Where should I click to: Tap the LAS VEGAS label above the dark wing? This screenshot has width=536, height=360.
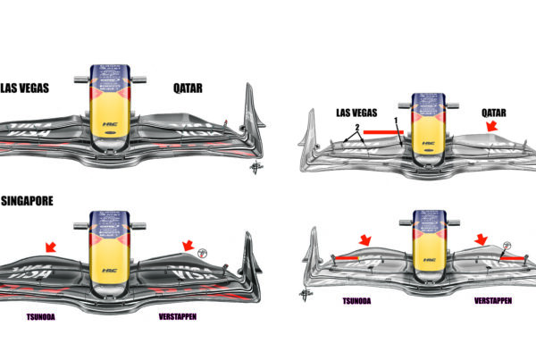pyautogui.click(x=24, y=88)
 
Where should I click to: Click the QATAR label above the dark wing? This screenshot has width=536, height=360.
pyautogui.click(x=191, y=88)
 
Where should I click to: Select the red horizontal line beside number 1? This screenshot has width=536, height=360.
pyautogui.click(x=383, y=131)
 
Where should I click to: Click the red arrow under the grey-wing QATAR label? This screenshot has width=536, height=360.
pyautogui.click(x=490, y=130)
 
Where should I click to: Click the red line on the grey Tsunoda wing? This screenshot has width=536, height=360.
pyautogui.click(x=348, y=258)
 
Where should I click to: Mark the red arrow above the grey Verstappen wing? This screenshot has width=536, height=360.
pyautogui.click(x=483, y=239)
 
